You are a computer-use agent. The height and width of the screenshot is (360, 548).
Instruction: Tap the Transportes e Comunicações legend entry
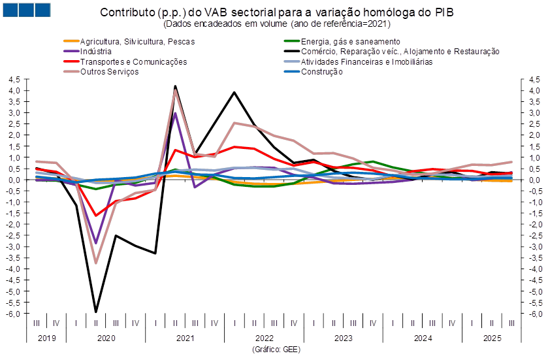(133, 61)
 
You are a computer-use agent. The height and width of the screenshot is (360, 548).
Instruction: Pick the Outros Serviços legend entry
(109, 71)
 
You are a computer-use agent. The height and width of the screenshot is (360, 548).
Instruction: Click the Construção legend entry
(321, 71)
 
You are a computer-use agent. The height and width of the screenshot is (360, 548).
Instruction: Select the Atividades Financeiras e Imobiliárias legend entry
(366, 61)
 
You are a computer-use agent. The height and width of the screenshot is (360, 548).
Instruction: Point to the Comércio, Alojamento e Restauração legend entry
(400, 51)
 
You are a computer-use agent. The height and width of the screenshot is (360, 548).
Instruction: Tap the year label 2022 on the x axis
(264, 338)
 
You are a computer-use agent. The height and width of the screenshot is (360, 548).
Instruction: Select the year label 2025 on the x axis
(491, 338)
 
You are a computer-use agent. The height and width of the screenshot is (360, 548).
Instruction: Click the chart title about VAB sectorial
(277, 12)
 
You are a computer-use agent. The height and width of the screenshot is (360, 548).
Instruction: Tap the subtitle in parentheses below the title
(276, 24)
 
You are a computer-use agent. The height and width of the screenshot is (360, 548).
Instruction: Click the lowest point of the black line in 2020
(96, 312)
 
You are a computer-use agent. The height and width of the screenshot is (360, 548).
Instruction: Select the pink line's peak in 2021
(175, 90)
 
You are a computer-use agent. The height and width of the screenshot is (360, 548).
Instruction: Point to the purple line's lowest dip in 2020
(96, 242)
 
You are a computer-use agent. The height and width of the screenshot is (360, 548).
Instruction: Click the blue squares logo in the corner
(26, 9)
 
